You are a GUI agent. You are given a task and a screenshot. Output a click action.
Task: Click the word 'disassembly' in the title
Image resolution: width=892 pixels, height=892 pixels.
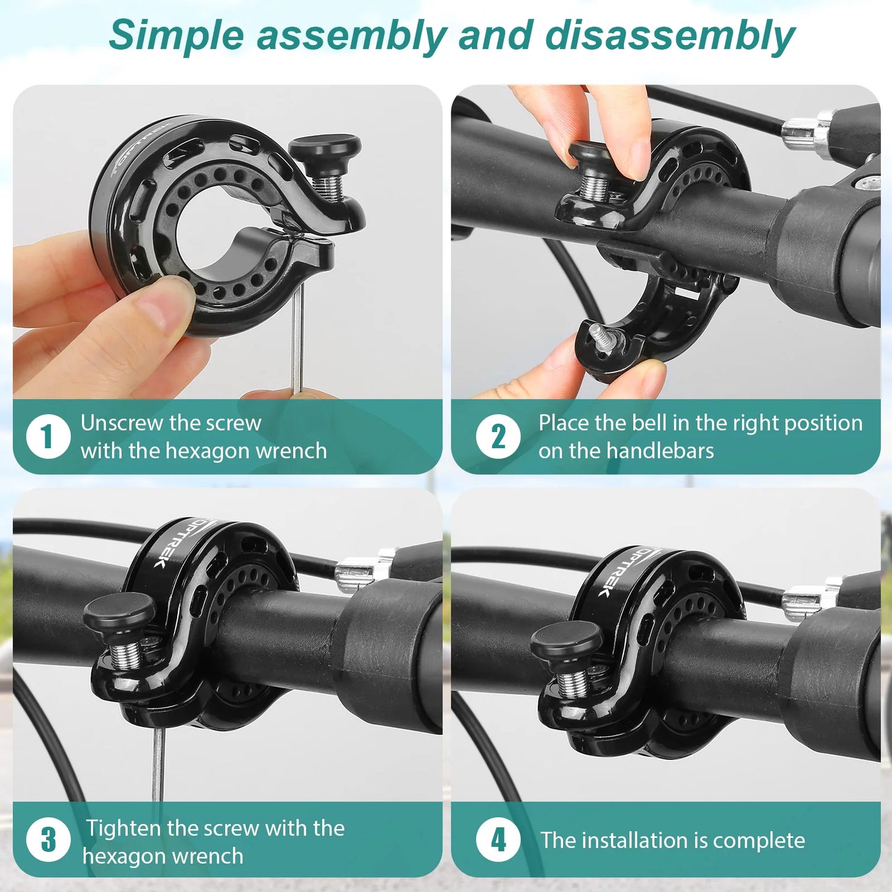[669, 35]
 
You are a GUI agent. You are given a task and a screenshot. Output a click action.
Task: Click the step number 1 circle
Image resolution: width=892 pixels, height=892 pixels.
[48, 436]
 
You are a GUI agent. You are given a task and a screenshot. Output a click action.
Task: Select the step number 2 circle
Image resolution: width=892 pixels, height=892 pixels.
[498, 436]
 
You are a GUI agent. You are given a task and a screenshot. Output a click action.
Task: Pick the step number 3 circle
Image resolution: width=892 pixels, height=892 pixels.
[48, 840]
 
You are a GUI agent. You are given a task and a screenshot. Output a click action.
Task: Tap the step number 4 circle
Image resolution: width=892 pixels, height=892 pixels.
[498, 840]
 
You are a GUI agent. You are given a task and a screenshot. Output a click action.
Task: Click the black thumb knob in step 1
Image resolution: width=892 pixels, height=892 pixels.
[325, 148]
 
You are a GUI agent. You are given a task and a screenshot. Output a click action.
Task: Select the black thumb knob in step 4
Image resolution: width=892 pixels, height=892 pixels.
[566, 640]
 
